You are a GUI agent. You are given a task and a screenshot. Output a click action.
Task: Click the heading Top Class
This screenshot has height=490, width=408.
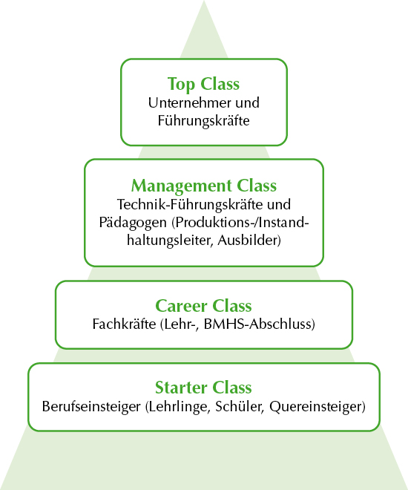203,84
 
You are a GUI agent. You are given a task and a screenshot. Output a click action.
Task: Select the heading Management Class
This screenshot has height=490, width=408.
204,186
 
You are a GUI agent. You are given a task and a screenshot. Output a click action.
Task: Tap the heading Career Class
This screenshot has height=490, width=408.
203,306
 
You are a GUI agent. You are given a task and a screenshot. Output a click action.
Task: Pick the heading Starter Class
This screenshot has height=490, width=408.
203,388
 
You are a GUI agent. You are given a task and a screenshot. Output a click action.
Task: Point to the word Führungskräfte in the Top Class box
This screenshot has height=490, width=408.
203,121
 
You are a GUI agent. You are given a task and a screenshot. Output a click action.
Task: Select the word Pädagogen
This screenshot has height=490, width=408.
133,223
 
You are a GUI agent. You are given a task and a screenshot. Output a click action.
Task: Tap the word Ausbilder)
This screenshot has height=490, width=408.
249,241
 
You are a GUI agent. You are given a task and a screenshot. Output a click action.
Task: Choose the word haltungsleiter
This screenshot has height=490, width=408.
170,241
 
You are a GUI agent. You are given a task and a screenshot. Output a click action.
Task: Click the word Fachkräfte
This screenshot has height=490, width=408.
124,324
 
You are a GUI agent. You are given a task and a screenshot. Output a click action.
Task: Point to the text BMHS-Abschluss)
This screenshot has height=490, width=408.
260,324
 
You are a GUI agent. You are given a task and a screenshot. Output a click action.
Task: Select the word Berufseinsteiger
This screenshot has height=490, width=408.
91,407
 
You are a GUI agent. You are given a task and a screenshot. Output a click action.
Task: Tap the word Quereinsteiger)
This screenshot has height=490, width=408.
317,407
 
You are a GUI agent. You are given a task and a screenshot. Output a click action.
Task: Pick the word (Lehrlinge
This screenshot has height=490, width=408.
178,407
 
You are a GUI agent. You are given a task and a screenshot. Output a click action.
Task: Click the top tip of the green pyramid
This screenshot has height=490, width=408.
204,1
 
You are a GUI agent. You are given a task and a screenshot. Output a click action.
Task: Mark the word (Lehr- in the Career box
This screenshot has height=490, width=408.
180,324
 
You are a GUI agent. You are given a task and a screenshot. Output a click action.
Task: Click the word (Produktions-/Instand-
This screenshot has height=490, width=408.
240,223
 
